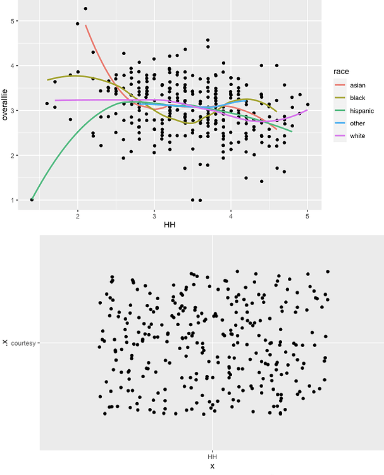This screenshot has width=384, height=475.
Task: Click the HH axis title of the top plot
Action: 170,225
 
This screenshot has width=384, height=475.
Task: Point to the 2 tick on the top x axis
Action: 78,215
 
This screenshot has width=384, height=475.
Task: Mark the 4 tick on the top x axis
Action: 231,215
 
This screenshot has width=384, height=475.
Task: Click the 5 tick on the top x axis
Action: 307,215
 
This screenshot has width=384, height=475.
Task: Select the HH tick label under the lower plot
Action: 212,457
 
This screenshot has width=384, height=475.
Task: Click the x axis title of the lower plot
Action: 212,467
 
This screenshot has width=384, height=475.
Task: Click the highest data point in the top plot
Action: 85,9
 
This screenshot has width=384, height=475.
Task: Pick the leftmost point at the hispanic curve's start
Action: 32,200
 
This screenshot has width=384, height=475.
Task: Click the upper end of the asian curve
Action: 85,25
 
